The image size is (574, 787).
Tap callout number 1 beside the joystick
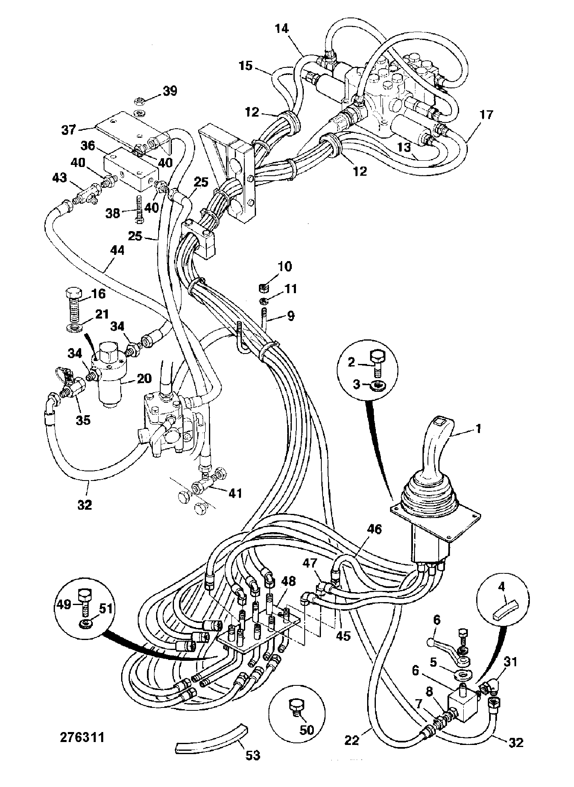[478, 428]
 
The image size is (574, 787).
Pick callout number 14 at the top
[281, 29]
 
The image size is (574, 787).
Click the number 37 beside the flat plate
[68, 130]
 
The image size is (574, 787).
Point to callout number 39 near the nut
[169, 91]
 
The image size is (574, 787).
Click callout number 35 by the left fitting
[83, 420]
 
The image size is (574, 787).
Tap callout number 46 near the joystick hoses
[374, 529]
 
